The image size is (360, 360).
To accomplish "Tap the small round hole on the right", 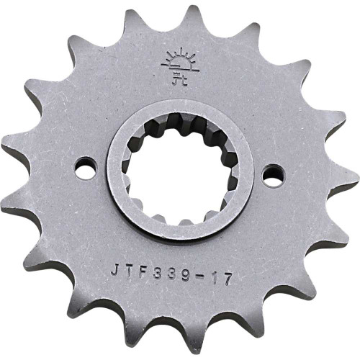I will click(271, 175).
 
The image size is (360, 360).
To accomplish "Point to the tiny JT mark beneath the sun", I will click(178, 73).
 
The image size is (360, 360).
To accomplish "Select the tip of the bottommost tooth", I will click(165, 354).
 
